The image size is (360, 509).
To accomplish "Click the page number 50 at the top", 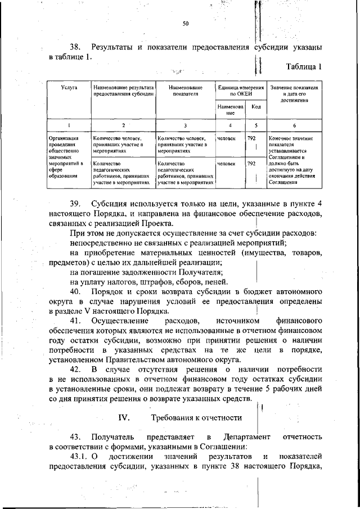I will (x=185, y=23).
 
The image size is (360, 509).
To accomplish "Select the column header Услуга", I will (x=69, y=88).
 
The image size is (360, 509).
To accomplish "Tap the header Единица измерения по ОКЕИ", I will (x=241, y=91).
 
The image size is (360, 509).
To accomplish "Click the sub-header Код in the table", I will (x=255, y=107).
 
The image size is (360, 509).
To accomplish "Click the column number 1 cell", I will (x=69, y=125).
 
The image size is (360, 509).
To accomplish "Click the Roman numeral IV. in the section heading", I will (x=124, y=417).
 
